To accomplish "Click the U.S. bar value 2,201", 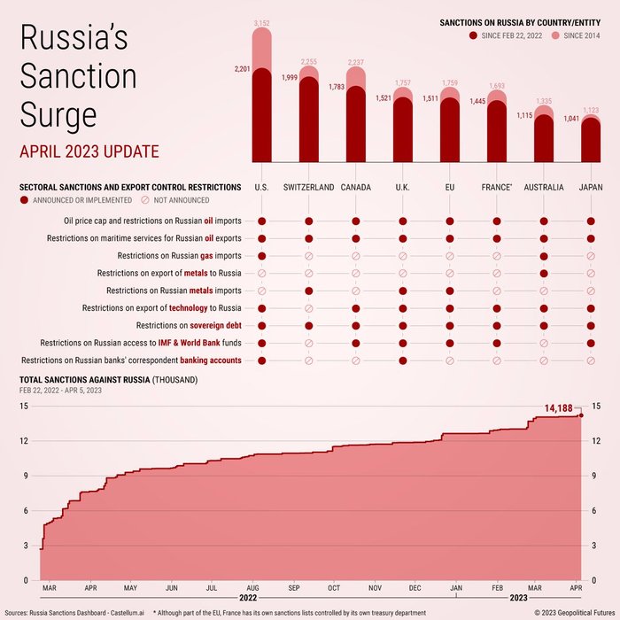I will (242, 69).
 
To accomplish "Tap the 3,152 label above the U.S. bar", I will (262, 22).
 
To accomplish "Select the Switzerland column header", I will (308, 188).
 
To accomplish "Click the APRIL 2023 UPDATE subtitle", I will (89, 151).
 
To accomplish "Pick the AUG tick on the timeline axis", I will (252, 588).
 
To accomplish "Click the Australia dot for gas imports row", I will (543, 256).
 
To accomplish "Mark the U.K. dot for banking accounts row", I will (403, 360).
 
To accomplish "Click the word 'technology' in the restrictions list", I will (188, 308).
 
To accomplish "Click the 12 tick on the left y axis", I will (24, 441).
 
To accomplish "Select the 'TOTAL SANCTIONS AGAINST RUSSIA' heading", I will (84, 380).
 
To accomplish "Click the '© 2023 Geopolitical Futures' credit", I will (572, 612).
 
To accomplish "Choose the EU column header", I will (450, 188).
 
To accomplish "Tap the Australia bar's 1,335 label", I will (544, 102).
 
